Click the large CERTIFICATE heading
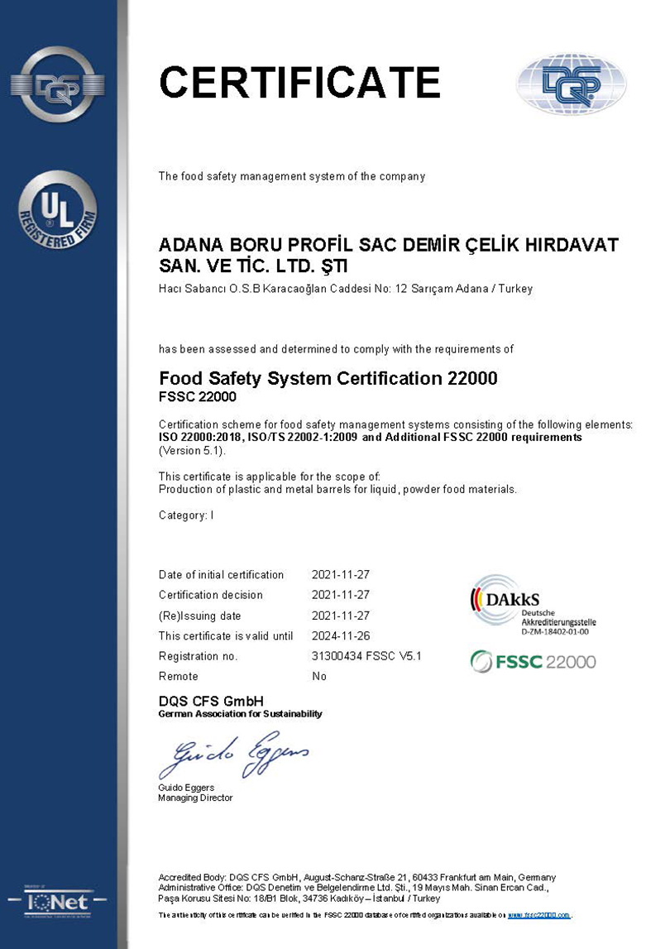tap(299, 83)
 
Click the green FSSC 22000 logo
tap(533, 661)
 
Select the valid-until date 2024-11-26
tap(340, 635)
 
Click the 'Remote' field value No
tap(319, 676)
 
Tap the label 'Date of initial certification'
tap(221, 575)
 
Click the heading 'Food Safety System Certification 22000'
tap(328, 379)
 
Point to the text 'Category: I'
tap(186, 515)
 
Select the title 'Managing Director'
tap(195, 798)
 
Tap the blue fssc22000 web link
tap(538, 915)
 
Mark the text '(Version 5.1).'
tap(192, 451)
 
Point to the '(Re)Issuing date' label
tap(199, 616)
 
